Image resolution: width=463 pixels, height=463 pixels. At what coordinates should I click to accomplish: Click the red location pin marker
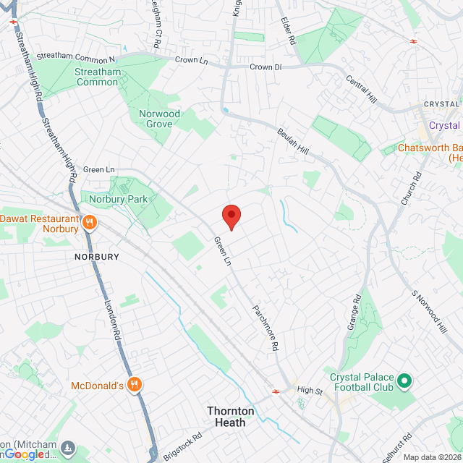231,216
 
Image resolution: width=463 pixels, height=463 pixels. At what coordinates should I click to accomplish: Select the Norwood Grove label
159,119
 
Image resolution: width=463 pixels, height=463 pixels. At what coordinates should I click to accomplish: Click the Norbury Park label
119,199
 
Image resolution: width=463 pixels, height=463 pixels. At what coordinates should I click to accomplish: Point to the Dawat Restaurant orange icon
90,222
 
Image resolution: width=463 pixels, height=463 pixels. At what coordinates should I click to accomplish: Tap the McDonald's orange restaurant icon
133,385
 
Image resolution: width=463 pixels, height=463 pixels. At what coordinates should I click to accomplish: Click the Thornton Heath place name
231,416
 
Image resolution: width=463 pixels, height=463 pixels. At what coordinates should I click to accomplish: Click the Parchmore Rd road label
266,326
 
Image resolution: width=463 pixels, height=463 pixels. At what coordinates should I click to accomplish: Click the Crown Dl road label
266,67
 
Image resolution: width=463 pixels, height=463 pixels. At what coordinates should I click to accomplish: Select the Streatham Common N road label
76,57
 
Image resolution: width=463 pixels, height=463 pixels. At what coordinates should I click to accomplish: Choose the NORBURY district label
96,257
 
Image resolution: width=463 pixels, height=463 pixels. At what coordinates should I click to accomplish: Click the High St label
309,391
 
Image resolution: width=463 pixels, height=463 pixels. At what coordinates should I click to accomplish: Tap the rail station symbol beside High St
276,391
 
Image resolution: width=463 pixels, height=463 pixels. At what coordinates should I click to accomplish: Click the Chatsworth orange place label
430,148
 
